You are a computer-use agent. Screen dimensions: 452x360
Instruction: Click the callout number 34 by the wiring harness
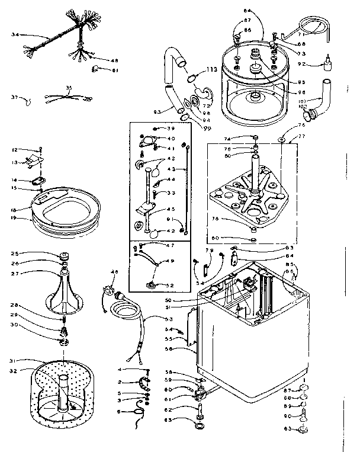[x=15, y=35]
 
